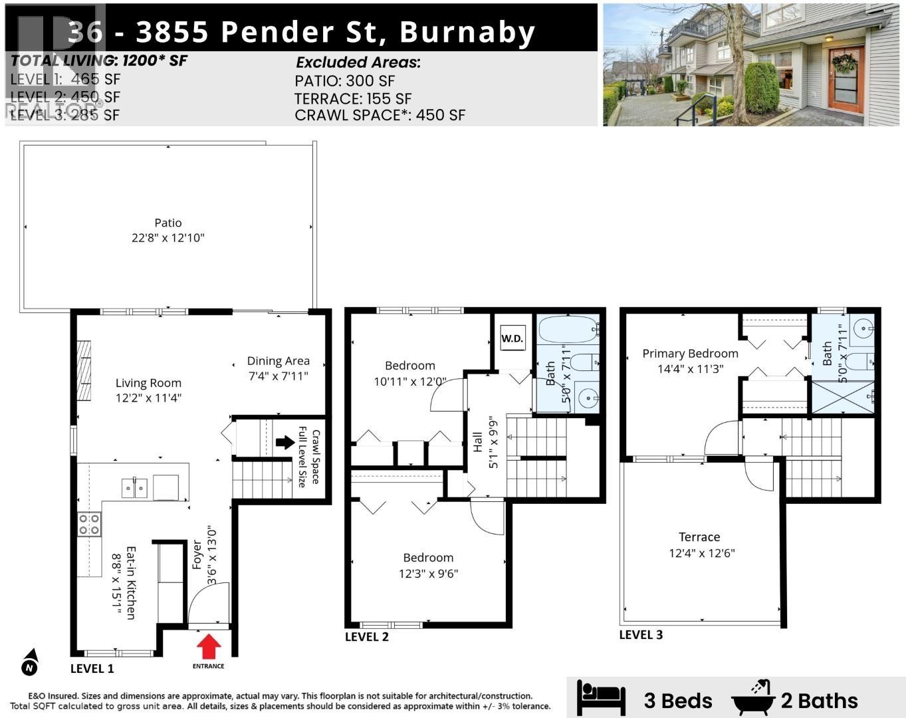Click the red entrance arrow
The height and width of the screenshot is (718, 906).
tap(209, 646)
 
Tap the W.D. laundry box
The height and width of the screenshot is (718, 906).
tap(512, 338)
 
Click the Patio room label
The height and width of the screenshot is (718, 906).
tap(168, 223)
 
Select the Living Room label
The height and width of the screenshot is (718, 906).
tap(148, 383)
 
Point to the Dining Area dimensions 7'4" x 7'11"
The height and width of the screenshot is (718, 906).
tap(278, 376)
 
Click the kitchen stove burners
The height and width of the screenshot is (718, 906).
tap(89, 525)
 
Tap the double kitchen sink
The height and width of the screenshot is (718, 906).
tap(135, 488)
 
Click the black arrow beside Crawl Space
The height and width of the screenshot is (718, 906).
tap(285, 442)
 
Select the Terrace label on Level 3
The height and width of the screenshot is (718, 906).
tap(699, 537)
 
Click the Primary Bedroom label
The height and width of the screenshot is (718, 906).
tap(690, 354)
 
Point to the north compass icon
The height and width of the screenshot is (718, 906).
tap(29, 663)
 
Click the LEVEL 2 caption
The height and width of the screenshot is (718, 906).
tap(366, 637)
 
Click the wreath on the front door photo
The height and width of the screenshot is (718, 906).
tap(844, 63)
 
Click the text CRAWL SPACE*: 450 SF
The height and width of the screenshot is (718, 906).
tap(380, 115)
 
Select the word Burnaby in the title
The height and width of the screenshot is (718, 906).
tap(467, 32)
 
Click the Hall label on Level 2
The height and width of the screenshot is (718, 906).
tap(477, 442)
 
